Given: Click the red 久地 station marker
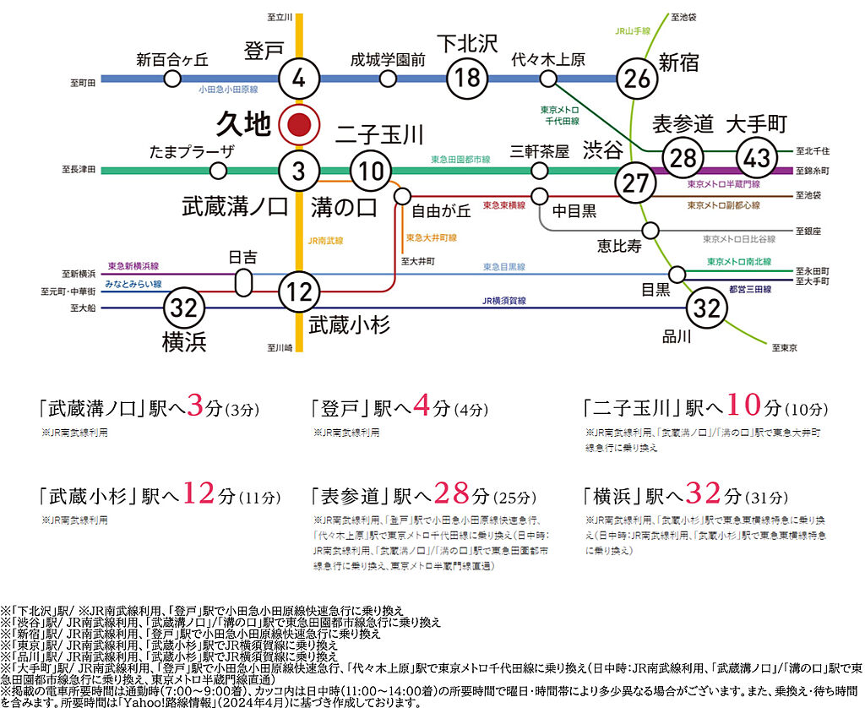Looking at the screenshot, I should point(299,126).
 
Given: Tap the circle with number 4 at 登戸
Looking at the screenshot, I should point(299,80).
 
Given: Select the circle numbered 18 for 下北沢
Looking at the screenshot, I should point(467,79).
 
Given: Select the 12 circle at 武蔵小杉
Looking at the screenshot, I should point(299,291).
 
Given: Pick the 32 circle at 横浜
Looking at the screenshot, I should point(182,308).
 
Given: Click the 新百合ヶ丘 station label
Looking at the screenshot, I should point(172,59).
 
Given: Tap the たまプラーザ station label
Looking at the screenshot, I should point(192,151).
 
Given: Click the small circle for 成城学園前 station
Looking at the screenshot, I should point(388,79).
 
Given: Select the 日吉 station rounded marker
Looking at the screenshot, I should point(243,282).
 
